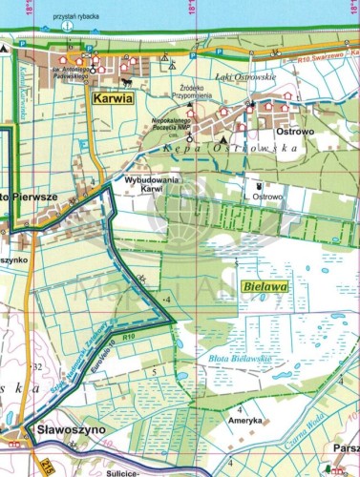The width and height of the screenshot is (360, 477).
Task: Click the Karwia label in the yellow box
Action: coord(111,97)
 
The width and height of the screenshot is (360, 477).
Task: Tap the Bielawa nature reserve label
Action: coord(258,283)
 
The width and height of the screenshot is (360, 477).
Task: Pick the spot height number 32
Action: coord(37,366)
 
